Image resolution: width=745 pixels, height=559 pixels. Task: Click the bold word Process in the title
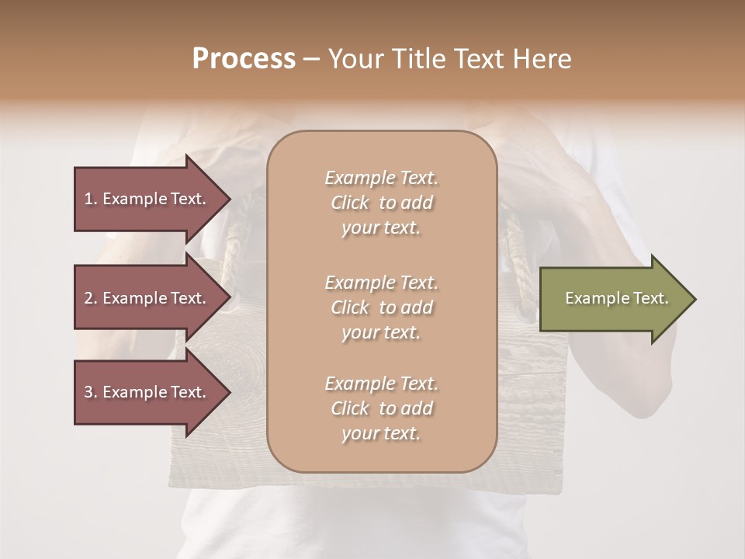244,59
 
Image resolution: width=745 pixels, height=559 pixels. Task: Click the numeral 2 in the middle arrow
88,298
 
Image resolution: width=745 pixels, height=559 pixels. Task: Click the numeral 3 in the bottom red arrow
88,392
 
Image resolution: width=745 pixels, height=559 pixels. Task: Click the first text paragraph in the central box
381,203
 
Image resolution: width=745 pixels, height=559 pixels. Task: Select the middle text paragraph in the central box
381,307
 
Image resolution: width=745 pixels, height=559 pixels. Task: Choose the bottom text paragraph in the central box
381,408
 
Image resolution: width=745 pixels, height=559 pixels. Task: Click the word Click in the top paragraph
349,203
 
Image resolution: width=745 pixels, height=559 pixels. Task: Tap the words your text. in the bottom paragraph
381,433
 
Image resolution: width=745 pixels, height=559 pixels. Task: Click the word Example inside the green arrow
592,298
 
